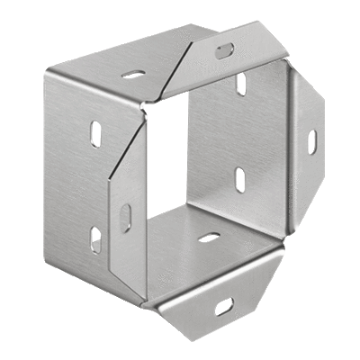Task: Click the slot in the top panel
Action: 134,75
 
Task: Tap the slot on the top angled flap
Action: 224,50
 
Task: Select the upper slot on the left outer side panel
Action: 95,133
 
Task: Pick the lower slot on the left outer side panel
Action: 95,239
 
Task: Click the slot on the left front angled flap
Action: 126,218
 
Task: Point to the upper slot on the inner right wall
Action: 241,85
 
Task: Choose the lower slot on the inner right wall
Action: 241,179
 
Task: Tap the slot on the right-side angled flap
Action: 311,142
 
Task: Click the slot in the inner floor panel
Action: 209,238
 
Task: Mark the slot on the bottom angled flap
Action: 222,307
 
